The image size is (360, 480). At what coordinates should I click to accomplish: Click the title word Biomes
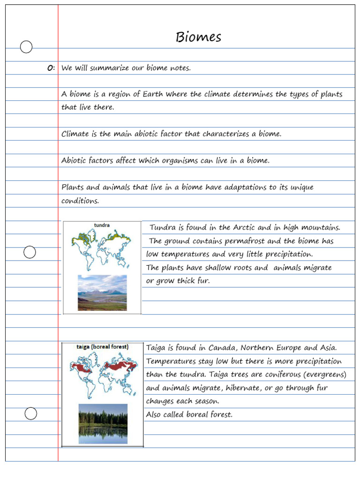198,37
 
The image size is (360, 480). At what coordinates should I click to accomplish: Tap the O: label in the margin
51,68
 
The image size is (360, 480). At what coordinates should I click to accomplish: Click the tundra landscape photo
102,293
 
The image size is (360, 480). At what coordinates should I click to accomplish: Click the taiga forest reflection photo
103,423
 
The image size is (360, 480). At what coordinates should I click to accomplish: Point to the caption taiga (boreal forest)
102,347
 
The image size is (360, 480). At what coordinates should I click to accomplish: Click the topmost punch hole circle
26,47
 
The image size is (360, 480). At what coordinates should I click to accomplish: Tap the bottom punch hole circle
30,413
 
